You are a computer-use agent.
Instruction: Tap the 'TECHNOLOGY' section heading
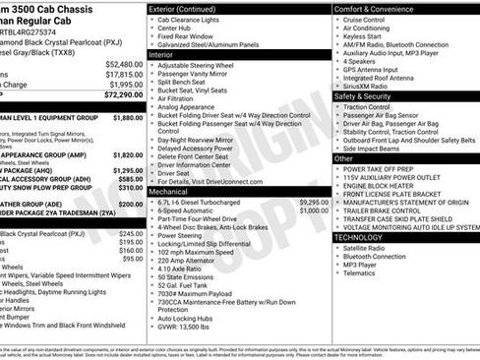(x=366, y=237)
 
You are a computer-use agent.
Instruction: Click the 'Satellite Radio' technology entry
(x=368, y=248)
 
